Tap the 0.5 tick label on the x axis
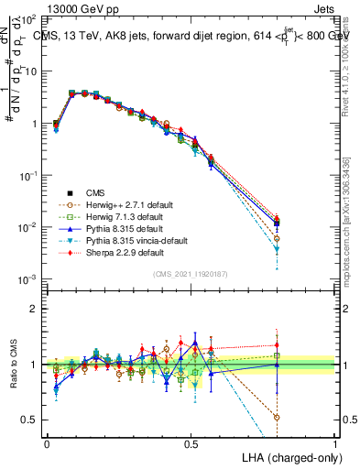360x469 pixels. (191, 443)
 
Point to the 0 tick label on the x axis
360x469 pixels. (47, 443)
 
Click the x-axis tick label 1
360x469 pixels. (335, 443)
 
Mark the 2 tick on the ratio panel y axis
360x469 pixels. (36, 309)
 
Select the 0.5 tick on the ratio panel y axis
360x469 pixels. (31, 420)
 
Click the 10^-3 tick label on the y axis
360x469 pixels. (28, 279)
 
